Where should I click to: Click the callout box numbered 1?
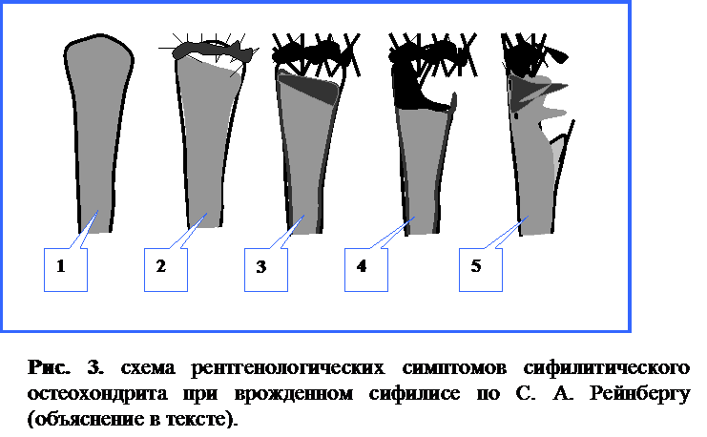click(x=66, y=270)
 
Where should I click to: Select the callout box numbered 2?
click(x=165, y=270)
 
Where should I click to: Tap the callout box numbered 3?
click(x=266, y=270)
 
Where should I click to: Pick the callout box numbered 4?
click(x=366, y=270)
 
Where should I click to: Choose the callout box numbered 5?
click(x=481, y=270)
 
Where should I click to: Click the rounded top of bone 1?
click(x=99, y=37)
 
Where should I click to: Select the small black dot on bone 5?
click(x=517, y=115)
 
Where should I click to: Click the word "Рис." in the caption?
click(x=50, y=367)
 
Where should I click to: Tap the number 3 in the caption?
click(x=95, y=367)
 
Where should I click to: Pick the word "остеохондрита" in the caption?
click(x=97, y=394)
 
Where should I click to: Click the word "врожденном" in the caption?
click(x=294, y=394)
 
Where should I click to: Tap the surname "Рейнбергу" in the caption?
click(x=640, y=393)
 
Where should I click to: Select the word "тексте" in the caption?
click(x=198, y=420)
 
